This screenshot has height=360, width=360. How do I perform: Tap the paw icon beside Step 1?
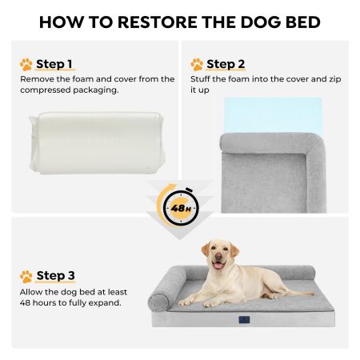pos(26,65)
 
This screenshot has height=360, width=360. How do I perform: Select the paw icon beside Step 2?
pos(197,65)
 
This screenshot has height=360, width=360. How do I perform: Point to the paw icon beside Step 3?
pos(26,277)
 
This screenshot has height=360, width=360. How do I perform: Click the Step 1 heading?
pos(54,64)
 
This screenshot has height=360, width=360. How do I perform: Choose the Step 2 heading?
pos(226,64)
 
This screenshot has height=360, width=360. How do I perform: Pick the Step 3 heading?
pos(55,275)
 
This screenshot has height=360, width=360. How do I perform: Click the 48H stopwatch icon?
pos(181,207)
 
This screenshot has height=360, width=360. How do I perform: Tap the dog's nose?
pos(218,256)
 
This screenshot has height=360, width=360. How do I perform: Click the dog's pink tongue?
pos(218,266)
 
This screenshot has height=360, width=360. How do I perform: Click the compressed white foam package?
pos(97,143)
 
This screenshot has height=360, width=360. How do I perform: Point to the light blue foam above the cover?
pos(273,115)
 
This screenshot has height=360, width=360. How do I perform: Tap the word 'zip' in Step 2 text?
pos(335,79)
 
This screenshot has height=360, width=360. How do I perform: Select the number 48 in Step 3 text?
pos(25,303)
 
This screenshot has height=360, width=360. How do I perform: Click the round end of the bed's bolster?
pos(158,302)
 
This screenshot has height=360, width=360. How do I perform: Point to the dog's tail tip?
pos(313,294)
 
